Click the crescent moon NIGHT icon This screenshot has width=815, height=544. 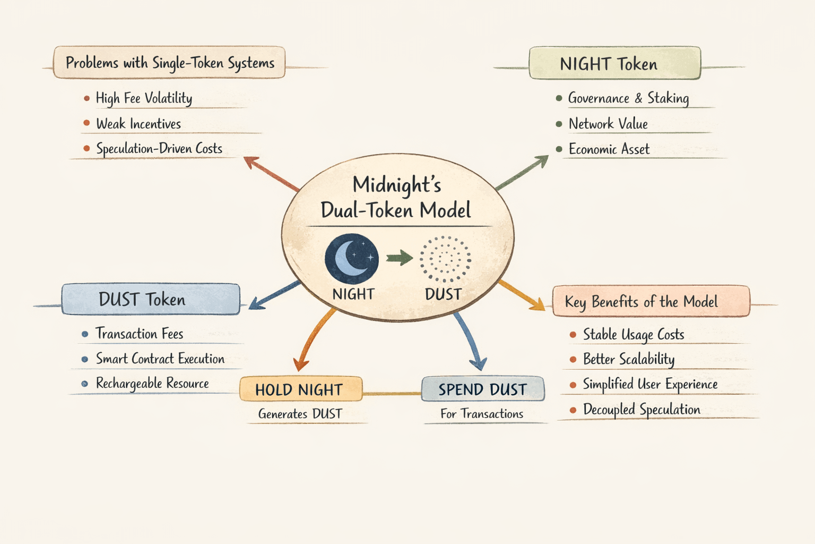pyautogui.click(x=351, y=259)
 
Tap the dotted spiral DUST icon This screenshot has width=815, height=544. pyautogui.click(x=445, y=259)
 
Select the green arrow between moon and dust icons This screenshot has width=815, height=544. pyautogui.click(x=400, y=258)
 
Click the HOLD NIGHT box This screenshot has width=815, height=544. pyautogui.click(x=300, y=389)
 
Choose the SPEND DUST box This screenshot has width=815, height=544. pyautogui.click(x=482, y=389)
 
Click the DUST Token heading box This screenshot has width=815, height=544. pyautogui.click(x=151, y=299)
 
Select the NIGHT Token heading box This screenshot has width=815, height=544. pyautogui.click(x=614, y=64)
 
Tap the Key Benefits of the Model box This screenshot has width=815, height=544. pyautogui.click(x=651, y=302)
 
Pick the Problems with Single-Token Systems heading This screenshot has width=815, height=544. pyautogui.click(x=169, y=63)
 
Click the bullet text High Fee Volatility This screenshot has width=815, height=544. pyautogui.click(x=144, y=98)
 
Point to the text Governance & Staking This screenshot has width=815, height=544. pyautogui.click(x=628, y=98)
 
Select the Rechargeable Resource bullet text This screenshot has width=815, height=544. pyautogui.click(x=152, y=383)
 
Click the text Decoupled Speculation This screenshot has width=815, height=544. pyautogui.click(x=641, y=409)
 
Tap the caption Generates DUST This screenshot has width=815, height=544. pyautogui.click(x=300, y=414)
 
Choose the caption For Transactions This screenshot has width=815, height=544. pyautogui.click(x=482, y=414)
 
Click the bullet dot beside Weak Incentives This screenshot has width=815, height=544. pyautogui.click(x=86, y=123)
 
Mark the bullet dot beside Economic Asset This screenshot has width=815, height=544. pyautogui.click(x=559, y=149)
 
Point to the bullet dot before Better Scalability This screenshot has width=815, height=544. pyautogui.click(x=573, y=360)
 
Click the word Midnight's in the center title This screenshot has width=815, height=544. pyautogui.click(x=397, y=185)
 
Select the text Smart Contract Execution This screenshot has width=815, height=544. pyautogui.click(x=160, y=359)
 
